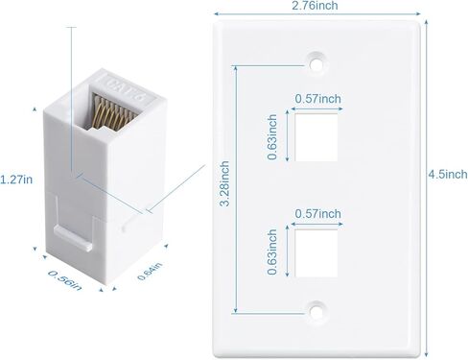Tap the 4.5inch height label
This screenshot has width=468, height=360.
[x=448, y=174]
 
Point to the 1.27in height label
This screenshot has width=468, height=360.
[x=17, y=179]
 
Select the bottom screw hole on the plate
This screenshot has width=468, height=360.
[x=314, y=309]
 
